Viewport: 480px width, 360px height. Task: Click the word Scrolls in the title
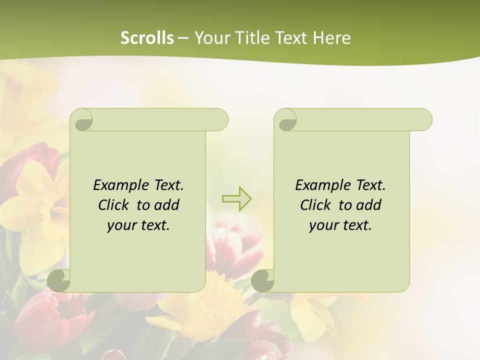(x=147, y=37)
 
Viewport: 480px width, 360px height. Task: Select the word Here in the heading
(x=331, y=37)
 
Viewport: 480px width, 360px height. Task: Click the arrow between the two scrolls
(x=236, y=199)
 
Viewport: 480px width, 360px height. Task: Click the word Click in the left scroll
(x=114, y=205)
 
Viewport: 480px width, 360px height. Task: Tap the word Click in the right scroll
(x=316, y=205)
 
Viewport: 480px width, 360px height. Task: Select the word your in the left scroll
(x=121, y=225)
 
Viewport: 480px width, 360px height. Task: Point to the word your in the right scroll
(x=323, y=225)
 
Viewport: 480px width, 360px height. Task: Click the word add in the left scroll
(x=167, y=205)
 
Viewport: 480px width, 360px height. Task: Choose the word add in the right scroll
(x=369, y=205)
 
